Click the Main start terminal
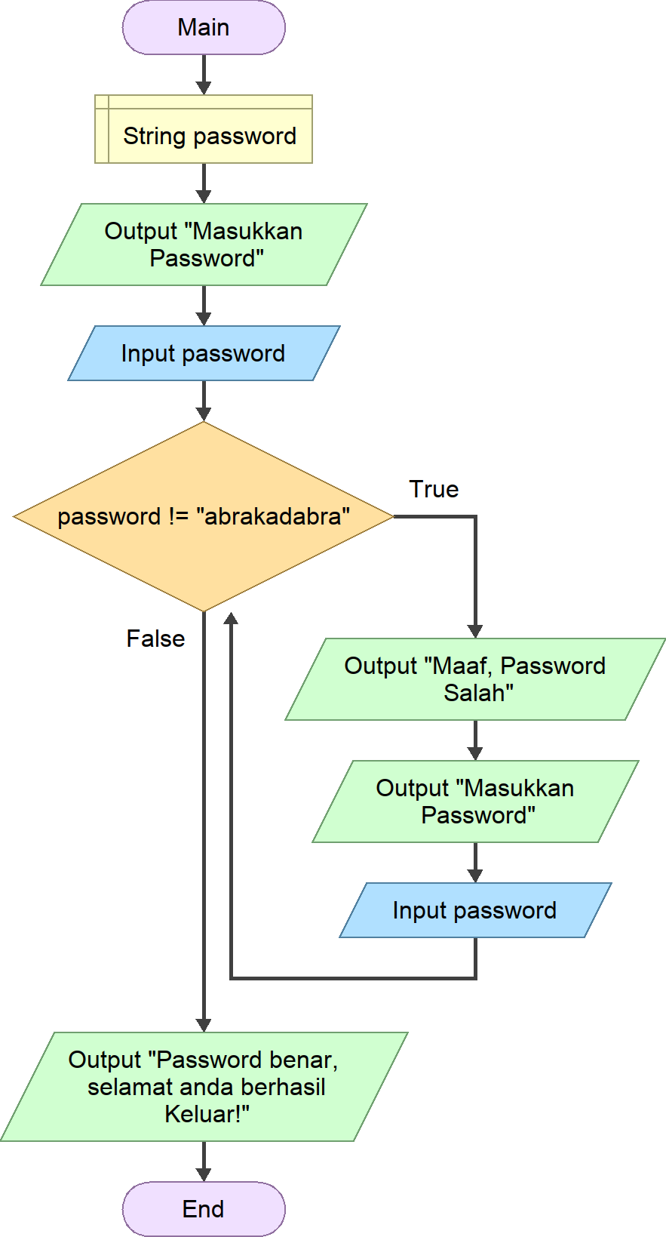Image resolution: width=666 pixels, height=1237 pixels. coord(204,28)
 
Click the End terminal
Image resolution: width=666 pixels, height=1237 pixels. coord(204,1209)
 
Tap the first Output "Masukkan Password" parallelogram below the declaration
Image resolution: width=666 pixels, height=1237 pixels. coord(204,245)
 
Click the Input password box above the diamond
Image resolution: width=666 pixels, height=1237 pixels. coord(204,353)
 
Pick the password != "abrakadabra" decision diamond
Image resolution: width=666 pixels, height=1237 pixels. coord(204,517)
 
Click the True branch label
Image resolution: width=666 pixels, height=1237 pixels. coord(434,489)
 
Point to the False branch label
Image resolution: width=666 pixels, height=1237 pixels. coord(155,639)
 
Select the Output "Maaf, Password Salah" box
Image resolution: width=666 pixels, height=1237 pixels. coord(475,679)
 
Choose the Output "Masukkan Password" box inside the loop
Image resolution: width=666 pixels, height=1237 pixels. coord(475,802)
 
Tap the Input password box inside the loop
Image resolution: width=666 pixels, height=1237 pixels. coord(475,910)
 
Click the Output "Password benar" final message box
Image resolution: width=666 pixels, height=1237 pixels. coord(204,1087)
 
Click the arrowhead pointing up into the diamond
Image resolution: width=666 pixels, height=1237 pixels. coord(232,618)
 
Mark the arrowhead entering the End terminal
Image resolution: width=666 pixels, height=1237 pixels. coord(204,1174)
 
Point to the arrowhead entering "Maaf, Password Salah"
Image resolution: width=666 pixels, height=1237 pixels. coord(475,631)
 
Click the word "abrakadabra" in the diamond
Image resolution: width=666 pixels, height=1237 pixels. coord(273,517)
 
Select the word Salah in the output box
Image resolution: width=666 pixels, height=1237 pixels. coord(474,693)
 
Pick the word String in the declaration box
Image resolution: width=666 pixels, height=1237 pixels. coord(154,136)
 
